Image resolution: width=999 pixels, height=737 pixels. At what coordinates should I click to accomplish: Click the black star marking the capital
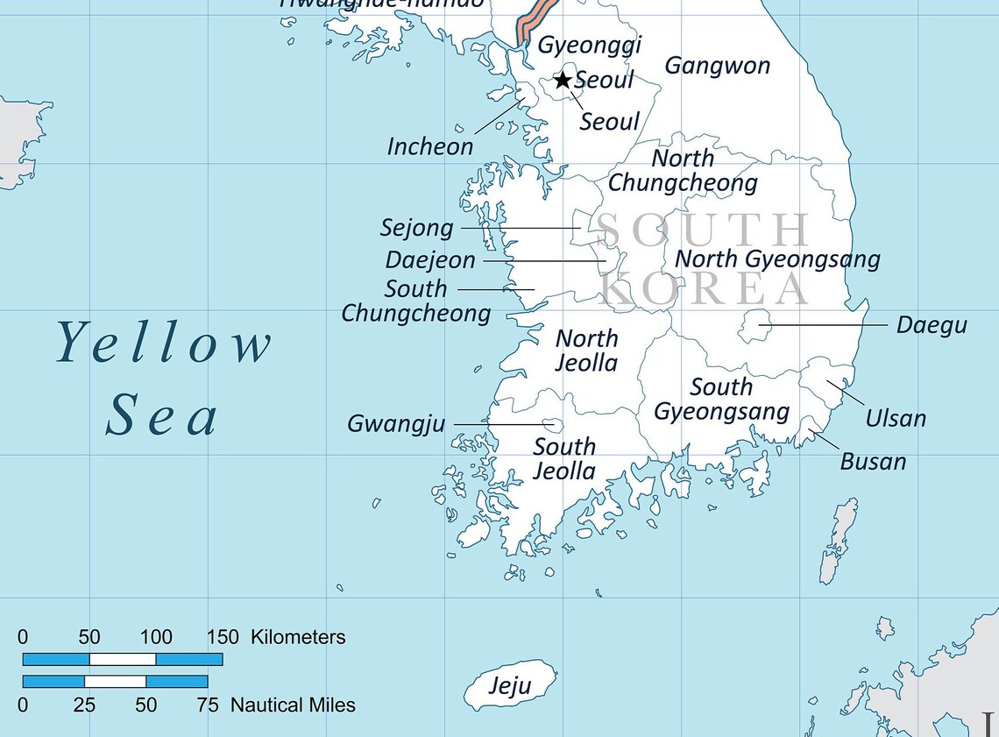[x=563, y=81]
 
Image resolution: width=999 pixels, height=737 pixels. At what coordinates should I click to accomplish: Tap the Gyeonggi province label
[x=589, y=45]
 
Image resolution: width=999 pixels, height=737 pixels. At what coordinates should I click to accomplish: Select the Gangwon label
[x=717, y=66]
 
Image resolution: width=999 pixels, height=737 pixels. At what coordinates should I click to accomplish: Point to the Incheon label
[x=430, y=146]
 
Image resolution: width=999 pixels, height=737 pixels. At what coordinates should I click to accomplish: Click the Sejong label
[x=417, y=228]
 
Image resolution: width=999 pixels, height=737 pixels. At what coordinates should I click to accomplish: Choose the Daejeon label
[x=430, y=260]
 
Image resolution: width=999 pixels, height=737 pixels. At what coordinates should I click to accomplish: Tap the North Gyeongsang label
[x=776, y=259]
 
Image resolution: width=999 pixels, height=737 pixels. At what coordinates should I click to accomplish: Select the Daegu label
[x=931, y=325]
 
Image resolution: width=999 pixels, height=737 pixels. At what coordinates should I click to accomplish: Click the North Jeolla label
[x=587, y=351]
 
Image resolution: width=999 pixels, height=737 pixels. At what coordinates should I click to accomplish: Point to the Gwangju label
[x=396, y=424]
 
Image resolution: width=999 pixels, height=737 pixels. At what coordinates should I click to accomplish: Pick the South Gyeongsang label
[x=721, y=399]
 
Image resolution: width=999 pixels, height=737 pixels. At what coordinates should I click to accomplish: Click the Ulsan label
[x=895, y=419]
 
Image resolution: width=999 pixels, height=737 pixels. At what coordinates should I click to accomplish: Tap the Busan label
[x=873, y=461]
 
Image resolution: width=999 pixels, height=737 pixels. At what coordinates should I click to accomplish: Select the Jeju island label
[x=509, y=686]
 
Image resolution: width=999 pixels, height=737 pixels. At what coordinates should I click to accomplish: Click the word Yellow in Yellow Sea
[x=164, y=344]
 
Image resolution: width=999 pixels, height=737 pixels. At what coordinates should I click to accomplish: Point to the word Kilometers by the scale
[x=298, y=637]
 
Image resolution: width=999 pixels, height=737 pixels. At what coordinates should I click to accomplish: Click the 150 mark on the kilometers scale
[x=222, y=637]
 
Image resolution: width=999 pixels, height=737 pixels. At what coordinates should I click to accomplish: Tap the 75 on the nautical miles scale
[x=208, y=705]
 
